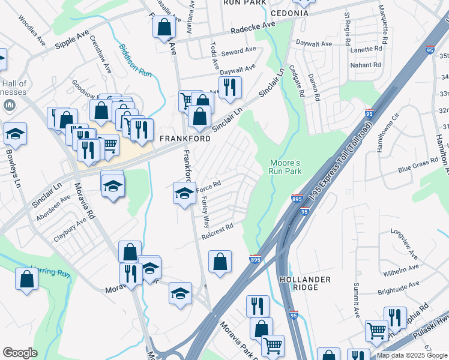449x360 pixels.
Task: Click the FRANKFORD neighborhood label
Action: coord(185,139)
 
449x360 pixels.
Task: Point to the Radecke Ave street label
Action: coord(253,28)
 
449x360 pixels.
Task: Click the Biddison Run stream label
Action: coord(135,60)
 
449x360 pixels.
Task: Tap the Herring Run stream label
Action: coord(51,272)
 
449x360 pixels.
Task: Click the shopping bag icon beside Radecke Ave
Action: coord(164,27)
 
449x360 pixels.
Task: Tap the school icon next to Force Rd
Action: coord(184,193)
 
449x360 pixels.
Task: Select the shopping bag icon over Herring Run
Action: coord(26,279)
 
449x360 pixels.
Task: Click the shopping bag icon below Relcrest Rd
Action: coord(220,262)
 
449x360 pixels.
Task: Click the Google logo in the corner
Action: coord(20,353)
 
